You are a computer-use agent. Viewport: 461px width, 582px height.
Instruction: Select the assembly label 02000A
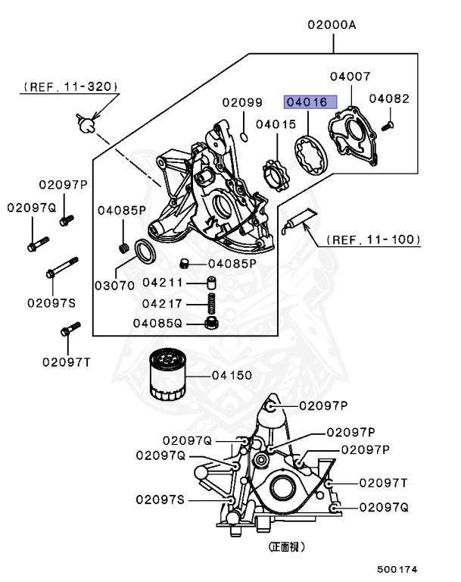point(331,25)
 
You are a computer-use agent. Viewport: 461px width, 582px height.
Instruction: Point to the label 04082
point(389,99)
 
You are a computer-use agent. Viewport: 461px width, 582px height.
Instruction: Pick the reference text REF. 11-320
point(70,87)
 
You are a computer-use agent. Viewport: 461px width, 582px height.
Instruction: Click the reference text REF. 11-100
point(373,239)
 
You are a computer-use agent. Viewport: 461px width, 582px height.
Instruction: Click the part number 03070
point(114,286)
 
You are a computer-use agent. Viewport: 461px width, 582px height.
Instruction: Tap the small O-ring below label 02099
point(245,136)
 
